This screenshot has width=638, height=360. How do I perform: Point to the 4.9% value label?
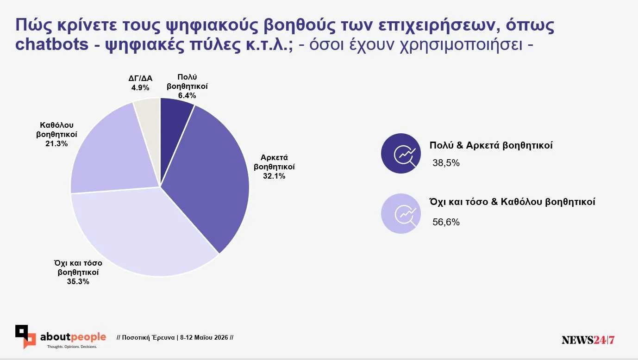[140, 87]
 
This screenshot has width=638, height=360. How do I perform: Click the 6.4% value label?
[187, 96]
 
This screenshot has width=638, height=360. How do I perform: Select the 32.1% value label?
[274, 176]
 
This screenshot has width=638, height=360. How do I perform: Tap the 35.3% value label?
[78, 281]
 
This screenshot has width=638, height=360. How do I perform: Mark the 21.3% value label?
[56, 143]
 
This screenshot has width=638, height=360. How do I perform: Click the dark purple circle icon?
[401, 153]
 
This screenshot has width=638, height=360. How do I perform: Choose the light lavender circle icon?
[401, 214]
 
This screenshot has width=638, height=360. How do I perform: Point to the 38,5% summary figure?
[446, 163]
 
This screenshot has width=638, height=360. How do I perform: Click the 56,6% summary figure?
[446, 222]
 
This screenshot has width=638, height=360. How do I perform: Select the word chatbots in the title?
[52, 45]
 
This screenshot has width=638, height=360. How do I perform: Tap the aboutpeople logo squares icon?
[25, 337]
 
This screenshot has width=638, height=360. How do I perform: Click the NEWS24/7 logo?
[588, 340]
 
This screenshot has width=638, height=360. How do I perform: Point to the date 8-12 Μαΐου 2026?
[204, 337]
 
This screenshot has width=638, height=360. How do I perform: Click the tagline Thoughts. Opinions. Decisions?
[72, 347]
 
